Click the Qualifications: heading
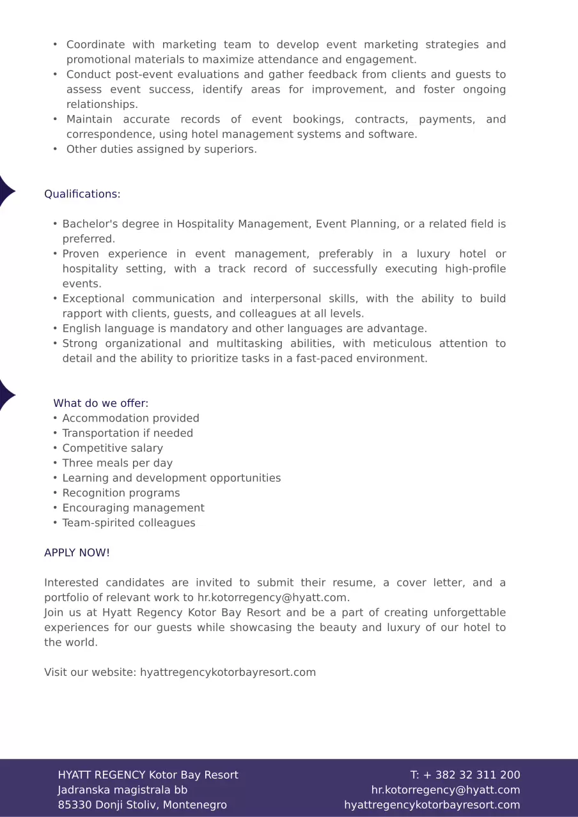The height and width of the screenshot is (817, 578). coord(82,194)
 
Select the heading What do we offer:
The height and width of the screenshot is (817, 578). coord(100,403)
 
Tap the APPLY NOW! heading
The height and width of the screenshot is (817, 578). coord(77,553)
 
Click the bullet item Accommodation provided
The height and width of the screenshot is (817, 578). coord(130,418)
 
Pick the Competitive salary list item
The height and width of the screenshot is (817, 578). coord(113,448)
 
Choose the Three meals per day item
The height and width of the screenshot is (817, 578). coord(117,463)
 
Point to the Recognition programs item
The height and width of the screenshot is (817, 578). coord(121,493)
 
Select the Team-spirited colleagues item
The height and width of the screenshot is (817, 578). coord(129,523)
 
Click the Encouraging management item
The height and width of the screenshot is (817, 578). coord(133,508)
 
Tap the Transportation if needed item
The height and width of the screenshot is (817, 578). coord(127,433)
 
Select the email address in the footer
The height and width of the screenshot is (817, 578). coord(446,790)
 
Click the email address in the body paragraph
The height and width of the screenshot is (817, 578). coord(272,598)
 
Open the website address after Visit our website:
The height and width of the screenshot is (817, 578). coord(228,672)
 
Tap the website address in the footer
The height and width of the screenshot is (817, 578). coord(432,805)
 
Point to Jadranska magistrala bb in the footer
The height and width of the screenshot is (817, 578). coord(122,790)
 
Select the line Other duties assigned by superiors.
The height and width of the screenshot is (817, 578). coord(161,149)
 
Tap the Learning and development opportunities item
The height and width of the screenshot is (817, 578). coord(171,478)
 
